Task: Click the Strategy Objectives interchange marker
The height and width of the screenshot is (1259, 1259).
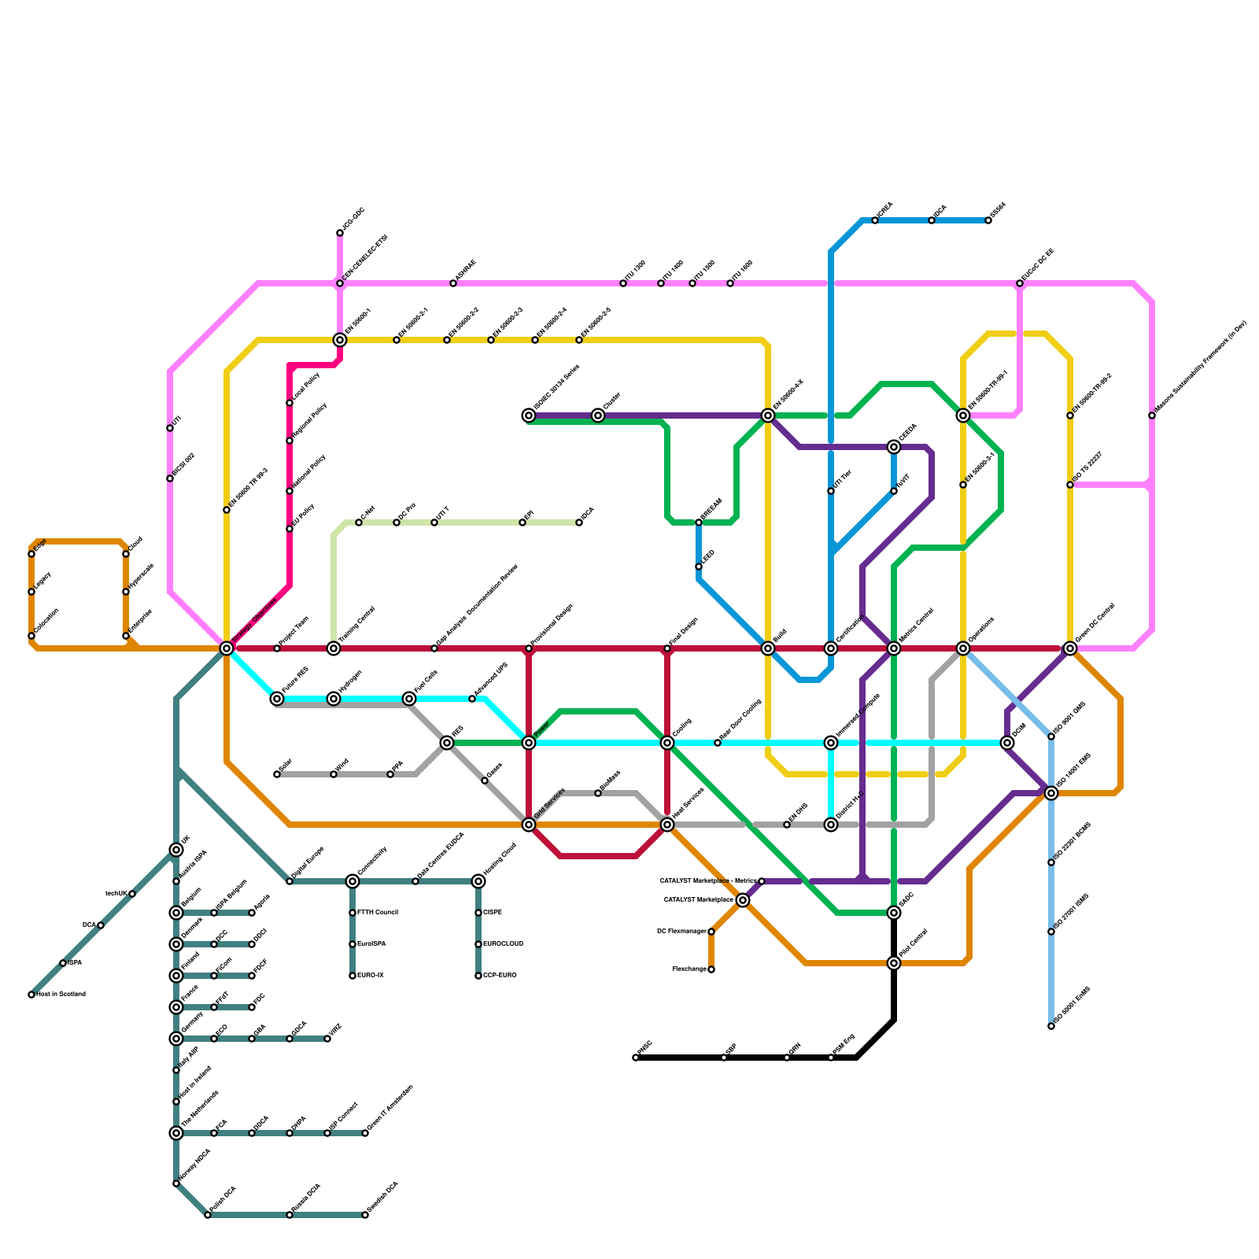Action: [x=227, y=648]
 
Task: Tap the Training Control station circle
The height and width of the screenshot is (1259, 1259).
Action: [x=334, y=648]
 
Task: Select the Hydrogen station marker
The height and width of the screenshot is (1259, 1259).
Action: [x=334, y=699]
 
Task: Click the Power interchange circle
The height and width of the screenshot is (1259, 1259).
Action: [x=529, y=743]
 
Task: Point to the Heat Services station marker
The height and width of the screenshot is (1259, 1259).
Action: [x=667, y=825]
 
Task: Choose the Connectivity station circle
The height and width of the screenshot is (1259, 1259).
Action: [x=353, y=881]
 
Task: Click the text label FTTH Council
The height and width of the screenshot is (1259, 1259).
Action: [x=378, y=913]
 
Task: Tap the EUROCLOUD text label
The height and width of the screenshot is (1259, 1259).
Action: [x=504, y=944]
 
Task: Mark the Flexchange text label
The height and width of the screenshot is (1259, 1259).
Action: [x=689, y=969]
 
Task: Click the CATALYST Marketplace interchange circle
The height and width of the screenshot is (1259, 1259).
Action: [x=743, y=900]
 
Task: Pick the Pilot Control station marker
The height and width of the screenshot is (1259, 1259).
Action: [x=894, y=963]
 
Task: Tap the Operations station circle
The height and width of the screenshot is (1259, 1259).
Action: [x=963, y=648]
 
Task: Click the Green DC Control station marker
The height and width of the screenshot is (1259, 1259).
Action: [x=1070, y=648]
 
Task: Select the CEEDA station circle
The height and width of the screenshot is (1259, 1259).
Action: [x=894, y=447]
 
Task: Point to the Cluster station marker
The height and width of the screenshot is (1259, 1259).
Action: [x=598, y=415]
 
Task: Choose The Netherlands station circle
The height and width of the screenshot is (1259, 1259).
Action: [x=176, y=1133]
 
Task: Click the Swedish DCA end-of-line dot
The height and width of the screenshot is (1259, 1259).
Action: [x=365, y=1215]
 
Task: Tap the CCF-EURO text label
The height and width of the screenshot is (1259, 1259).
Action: [x=500, y=976]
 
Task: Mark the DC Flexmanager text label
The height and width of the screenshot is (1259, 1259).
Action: [x=681, y=932]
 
